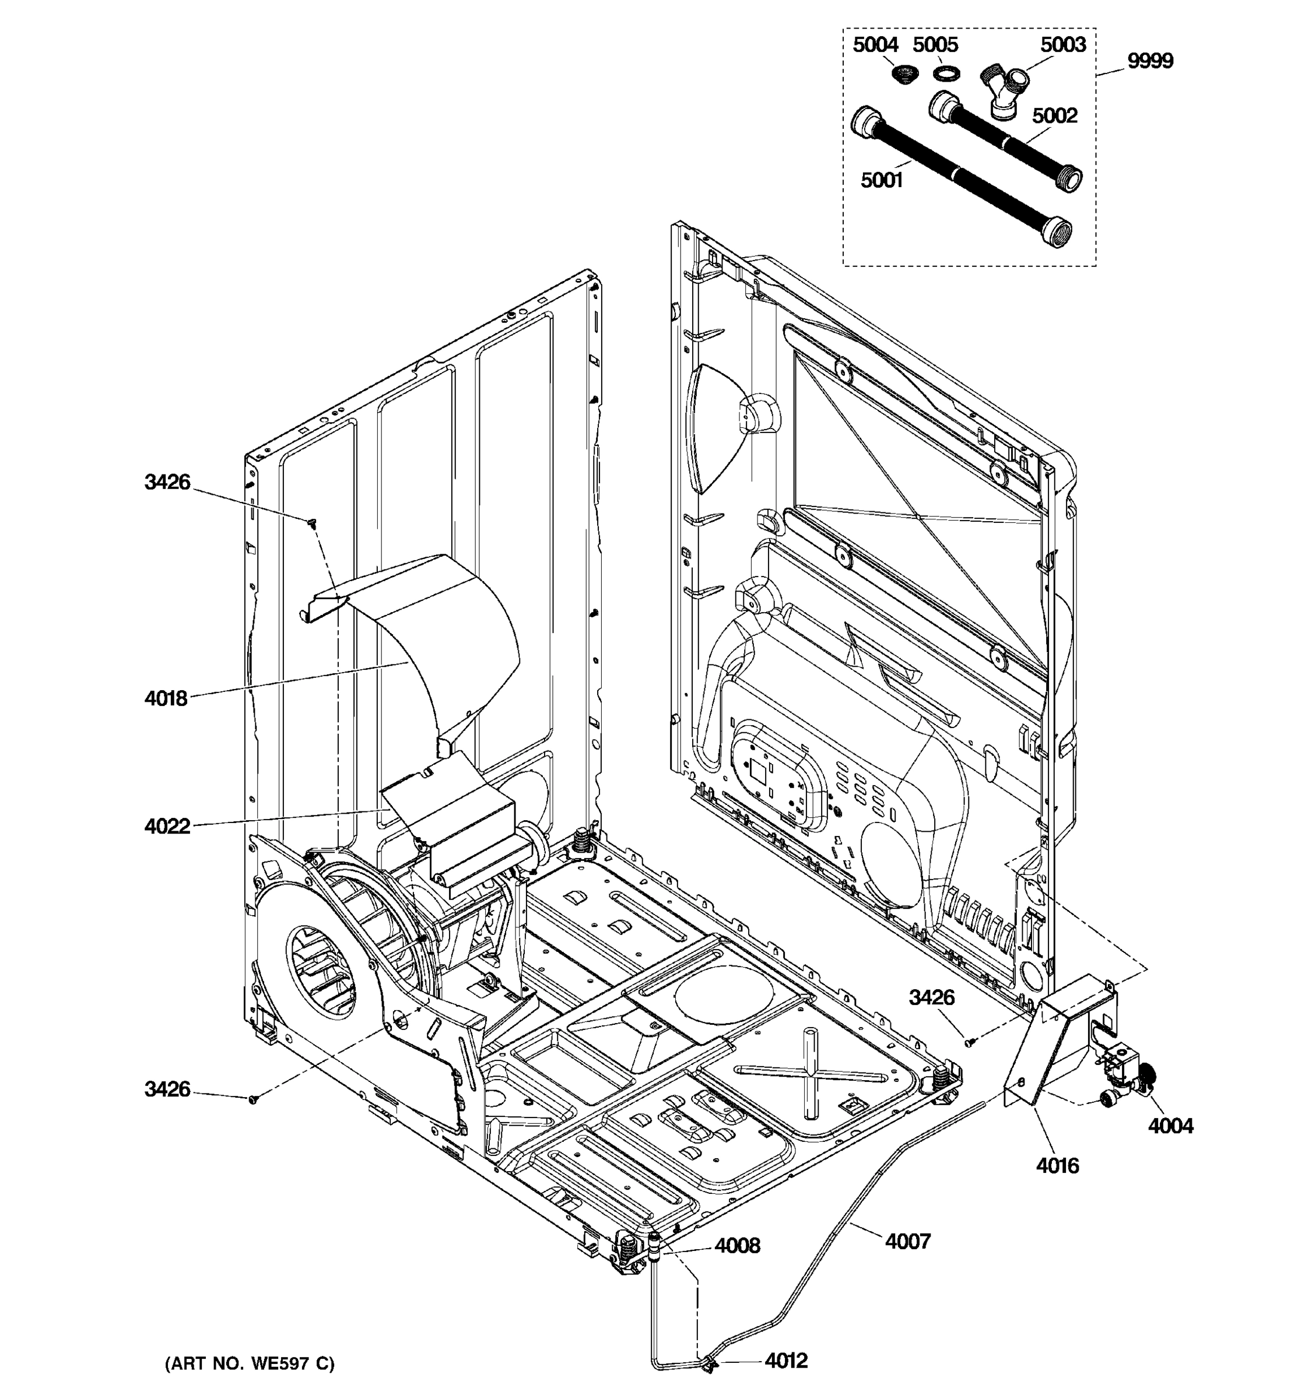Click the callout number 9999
[1150, 61]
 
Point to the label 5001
[881, 181]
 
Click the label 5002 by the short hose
[1054, 115]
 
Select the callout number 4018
[166, 698]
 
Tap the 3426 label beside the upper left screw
[167, 482]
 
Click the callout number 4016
[1057, 1166]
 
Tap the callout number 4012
[785, 1361]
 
